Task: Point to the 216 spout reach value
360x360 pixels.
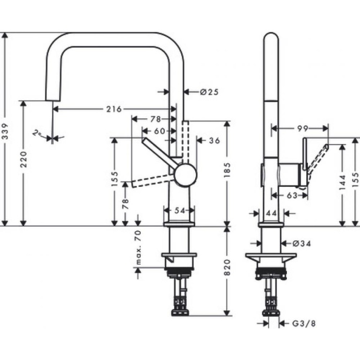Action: pyautogui.click(x=113, y=109)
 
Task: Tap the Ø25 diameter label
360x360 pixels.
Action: pyautogui.click(x=209, y=92)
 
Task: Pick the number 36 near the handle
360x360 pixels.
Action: pyautogui.click(x=214, y=140)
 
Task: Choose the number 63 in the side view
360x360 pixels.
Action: pyautogui.click(x=292, y=195)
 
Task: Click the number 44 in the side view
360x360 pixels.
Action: pyautogui.click(x=271, y=214)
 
